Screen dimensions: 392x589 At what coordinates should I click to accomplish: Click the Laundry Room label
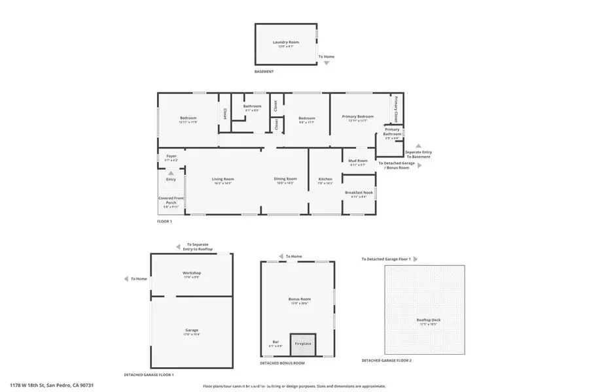coord(285,42)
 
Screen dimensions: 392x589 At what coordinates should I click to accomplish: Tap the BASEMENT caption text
coord(264,72)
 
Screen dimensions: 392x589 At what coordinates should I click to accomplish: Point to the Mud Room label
coord(358,160)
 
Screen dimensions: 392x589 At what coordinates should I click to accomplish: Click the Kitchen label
coord(325,179)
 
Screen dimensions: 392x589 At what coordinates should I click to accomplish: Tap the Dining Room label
coord(285,179)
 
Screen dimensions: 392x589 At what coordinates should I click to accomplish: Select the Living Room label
coord(223,179)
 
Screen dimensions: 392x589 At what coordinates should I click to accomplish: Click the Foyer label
coord(171,157)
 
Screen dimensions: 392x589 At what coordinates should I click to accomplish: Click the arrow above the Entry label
coord(171,172)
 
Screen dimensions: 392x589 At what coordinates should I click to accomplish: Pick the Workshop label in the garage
coord(191,273)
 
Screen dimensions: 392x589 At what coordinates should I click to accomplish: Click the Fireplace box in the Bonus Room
coord(303,343)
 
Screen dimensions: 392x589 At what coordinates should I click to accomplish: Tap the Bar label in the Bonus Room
coord(275,342)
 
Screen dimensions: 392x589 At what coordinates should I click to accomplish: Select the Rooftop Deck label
coord(425,320)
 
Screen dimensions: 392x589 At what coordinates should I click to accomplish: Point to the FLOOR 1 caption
coord(164,221)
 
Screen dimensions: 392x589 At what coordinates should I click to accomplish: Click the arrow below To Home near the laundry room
coord(327,63)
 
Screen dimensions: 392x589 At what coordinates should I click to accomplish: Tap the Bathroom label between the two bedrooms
coord(252,106)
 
